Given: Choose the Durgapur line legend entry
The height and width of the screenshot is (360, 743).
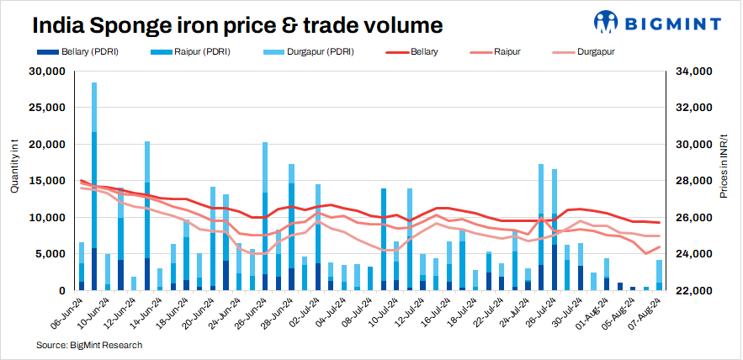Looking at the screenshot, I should (594, 52).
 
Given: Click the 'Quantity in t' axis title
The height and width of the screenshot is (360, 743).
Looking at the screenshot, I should (14, 168).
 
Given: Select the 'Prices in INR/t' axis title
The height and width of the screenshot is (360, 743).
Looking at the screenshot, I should (724, 167).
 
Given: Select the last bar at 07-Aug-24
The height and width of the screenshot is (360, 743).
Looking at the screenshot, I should (660, 275).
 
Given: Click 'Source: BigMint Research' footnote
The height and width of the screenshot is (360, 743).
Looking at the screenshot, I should (89, 345).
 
